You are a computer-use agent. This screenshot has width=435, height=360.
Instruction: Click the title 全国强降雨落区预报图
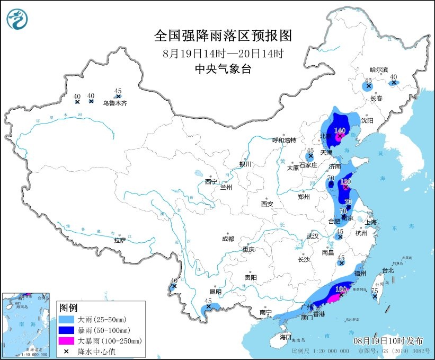tap(223, 36)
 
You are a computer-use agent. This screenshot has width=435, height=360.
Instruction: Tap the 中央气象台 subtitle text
tap(223, 69)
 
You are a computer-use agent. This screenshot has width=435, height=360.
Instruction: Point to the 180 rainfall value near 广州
tap(341, 289)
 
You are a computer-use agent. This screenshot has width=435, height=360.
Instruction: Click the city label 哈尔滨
tap(379, 70)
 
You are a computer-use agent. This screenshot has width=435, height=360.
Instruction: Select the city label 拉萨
tap(120, 240)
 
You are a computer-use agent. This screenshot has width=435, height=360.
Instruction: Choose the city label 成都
tap(228, 239)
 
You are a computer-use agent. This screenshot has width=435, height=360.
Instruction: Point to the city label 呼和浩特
tap(283, 140)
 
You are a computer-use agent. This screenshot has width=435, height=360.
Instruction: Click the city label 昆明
tap(215, 292)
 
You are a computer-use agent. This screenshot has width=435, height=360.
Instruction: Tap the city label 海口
tap(286, 337)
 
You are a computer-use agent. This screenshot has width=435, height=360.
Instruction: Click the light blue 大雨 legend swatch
tap(68, 319)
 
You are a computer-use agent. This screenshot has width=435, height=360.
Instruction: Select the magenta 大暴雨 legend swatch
tap(68, 340)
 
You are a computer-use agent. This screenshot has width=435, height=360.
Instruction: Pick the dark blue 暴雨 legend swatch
tap(68, 330)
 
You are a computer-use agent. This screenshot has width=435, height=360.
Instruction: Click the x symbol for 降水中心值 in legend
tap(68, 351)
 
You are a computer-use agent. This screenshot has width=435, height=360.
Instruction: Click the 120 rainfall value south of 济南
tap(345, 181)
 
